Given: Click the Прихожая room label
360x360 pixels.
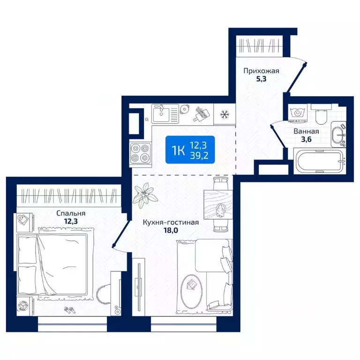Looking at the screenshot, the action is pyautogui.click(x=261, y=71).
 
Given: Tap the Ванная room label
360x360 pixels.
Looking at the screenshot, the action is pyautogui.click(x=306, y=131).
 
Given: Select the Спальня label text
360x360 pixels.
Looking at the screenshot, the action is pyautogui.click(x=71, y=213).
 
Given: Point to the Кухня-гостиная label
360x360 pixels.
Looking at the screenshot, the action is pyautogui.click(x=171, y=222).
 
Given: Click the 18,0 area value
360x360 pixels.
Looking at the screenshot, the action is pyautogui.click(x=171, y=230).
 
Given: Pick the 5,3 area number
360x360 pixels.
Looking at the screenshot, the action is pyautogui.click(x=261, y=79).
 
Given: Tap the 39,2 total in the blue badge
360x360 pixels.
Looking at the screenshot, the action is pyautogui.click(x=199, y=156).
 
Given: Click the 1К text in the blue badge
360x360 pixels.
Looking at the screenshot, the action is pyautogui.click(x=178, y=151).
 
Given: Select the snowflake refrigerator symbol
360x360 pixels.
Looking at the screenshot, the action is pyautogui.click(x=225, y=114).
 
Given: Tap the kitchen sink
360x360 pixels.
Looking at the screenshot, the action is pyautogui.click(x=165, y=113).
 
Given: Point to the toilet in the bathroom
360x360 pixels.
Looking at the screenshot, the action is pyautogui.click(x=321, y=113).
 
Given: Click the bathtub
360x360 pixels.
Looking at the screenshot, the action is pyautogui.click(x=320, y=161).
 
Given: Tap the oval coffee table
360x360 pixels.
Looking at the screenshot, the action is pyautogui.click(x=191, y=288).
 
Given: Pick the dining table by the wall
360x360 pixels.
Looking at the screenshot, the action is pyautogui.click(x=218, y=204).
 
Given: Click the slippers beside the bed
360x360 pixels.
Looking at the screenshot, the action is pyautogui.click(x=70, y=310).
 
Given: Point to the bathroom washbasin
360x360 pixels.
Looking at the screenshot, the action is pyautogui.click(x=338, y=135).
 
